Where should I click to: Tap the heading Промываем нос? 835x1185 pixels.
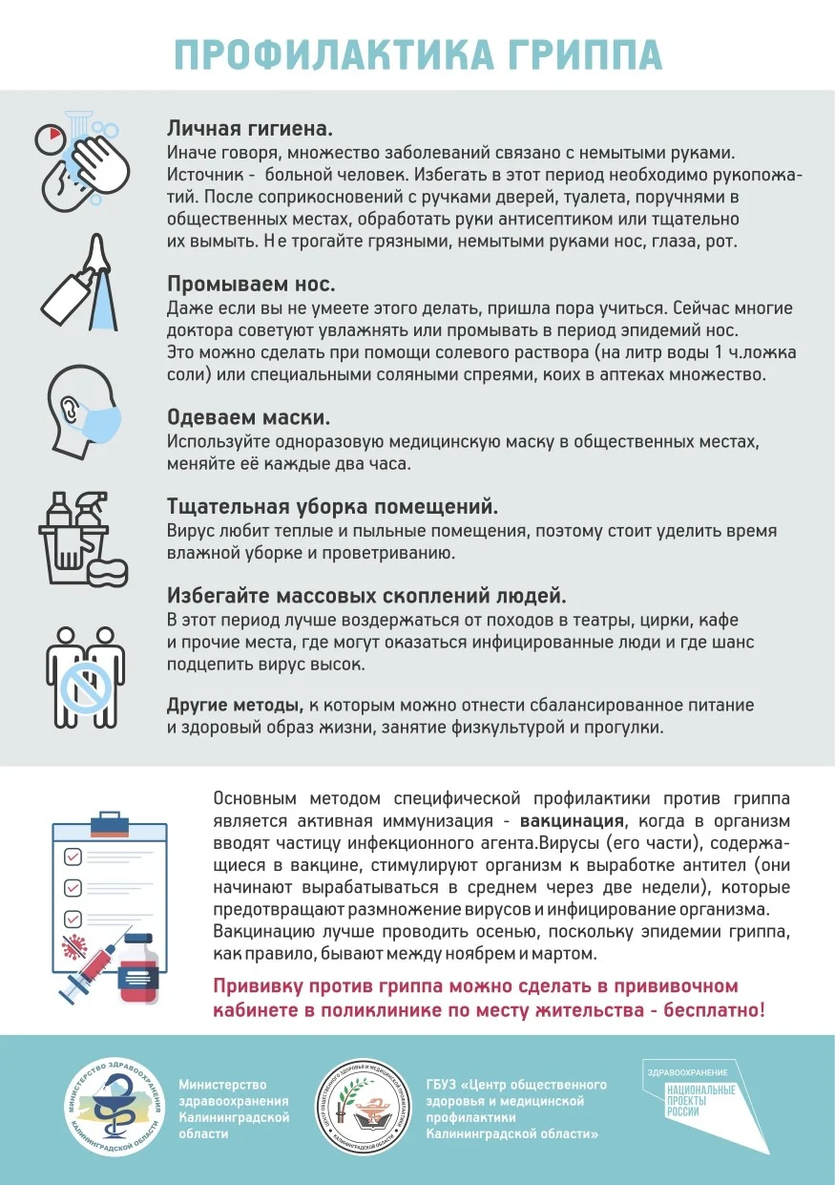(x=251, y=285)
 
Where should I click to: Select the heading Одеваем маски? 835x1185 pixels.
(x=249, y=417)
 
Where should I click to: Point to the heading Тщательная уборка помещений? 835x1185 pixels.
(x=333, y=506)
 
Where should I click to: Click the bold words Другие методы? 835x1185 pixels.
(x=236, y=705)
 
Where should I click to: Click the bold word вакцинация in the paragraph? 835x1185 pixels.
(x=573, y=820)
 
